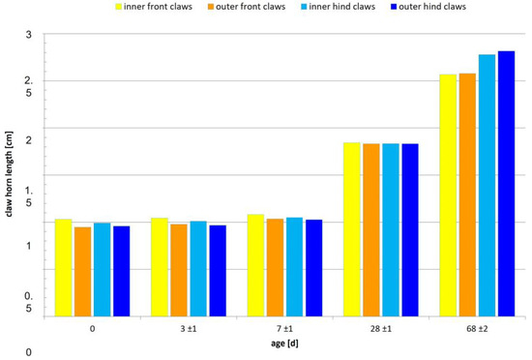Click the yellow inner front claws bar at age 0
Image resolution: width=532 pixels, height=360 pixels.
click(x=63, y=267)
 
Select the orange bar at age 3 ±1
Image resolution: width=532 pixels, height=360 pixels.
click(x=179, y=270)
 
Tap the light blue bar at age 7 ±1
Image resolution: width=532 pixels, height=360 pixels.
click(x=295, y=266)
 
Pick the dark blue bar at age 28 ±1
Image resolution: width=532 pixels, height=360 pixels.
click(x=410, y=229)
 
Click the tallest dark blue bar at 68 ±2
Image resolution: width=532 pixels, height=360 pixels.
click(x=507, y=183)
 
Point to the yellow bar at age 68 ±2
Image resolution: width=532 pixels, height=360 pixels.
click(x=449, y=195)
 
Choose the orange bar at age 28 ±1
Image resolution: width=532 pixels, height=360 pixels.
click(x=371, y=229)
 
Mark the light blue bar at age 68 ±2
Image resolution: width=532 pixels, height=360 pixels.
click(x=488, y=185)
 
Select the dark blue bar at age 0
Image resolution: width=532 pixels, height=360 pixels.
click(x=121, y=271)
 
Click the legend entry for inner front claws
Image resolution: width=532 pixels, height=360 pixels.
click(x=156, y=7)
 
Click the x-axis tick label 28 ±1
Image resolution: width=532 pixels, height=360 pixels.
click(x=381, y=329)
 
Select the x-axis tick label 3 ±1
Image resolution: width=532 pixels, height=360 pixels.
click(x=189, y=329)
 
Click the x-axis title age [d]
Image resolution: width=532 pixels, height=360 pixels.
click(x=284, y=344)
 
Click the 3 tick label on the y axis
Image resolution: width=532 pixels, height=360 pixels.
click(x=28, y=35)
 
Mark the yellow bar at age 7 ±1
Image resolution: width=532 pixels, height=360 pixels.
click(x=256, y=265)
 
